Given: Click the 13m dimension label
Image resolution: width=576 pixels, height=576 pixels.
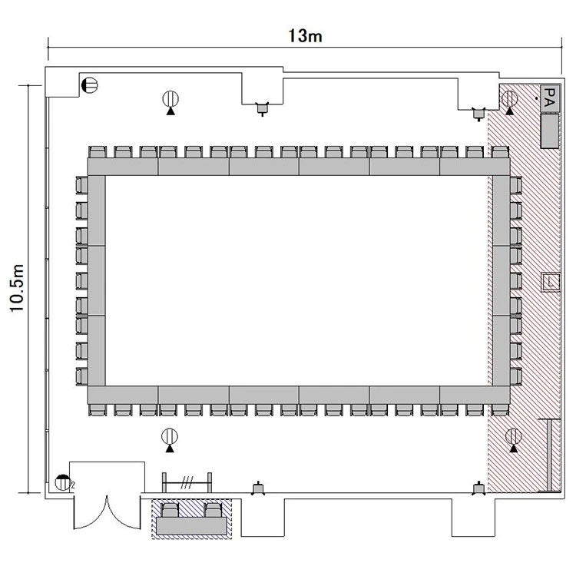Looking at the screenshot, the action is point(305,36).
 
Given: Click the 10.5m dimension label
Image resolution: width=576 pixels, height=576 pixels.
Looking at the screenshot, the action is point(17,288).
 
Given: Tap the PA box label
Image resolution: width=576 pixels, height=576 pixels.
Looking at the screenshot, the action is point(550,98).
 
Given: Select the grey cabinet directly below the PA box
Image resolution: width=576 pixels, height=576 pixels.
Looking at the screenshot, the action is point(550,131).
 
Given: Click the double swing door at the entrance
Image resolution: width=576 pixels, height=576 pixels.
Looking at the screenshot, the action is point(107,513).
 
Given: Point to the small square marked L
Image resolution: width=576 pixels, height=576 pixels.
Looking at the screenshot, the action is point(551,282).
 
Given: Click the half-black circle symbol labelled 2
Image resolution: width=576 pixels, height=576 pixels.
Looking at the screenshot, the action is point(63,483).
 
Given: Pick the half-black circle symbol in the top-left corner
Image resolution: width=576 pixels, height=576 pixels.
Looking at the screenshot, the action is point(90,85).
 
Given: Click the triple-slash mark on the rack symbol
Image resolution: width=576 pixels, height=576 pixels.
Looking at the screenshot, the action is point(187,483).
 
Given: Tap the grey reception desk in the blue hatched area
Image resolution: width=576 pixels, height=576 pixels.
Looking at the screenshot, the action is point(191,525).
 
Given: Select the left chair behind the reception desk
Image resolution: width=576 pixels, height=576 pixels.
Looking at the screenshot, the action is point(170,510).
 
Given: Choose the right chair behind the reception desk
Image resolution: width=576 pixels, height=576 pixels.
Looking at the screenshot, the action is point(214,510).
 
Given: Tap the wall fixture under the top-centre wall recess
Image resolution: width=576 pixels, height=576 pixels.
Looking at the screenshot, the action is point(263,108).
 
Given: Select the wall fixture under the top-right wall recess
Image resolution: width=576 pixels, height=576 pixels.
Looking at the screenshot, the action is point(478,114).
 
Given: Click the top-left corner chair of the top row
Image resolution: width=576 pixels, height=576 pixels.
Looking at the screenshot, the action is point(98,152).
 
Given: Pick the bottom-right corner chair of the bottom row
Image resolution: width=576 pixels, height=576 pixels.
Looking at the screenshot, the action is point(500,410).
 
